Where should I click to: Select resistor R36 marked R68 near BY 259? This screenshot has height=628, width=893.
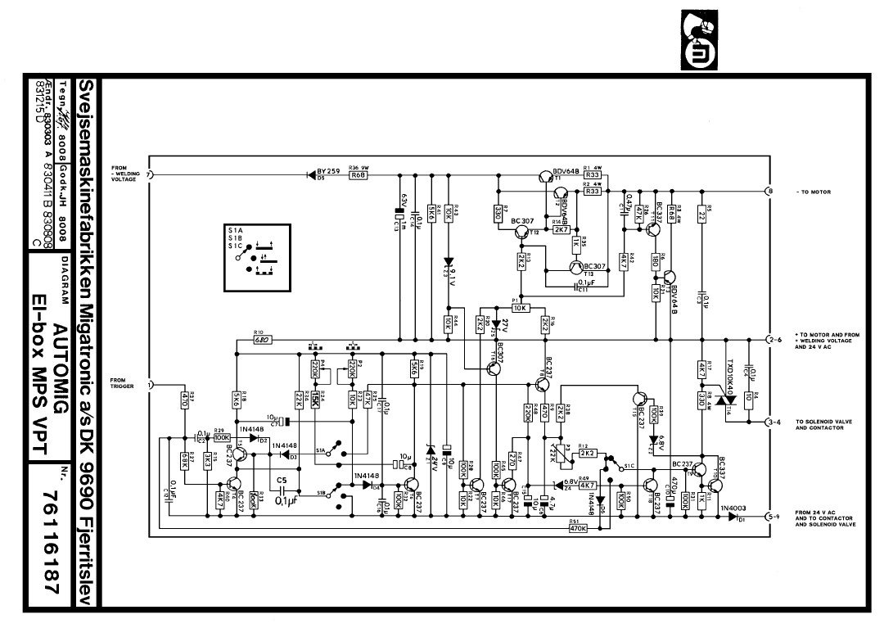pos(358,175)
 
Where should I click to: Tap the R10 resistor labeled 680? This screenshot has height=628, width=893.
pos(263,339)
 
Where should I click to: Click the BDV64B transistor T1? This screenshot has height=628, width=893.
pos(544,175)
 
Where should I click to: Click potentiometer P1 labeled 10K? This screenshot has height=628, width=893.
pos(520,308)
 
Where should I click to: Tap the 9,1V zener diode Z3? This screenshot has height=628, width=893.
pos(448,264)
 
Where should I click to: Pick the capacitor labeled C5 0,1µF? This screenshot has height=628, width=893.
pos(283,490)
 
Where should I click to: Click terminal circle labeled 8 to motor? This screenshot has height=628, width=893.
pos(769,192)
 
